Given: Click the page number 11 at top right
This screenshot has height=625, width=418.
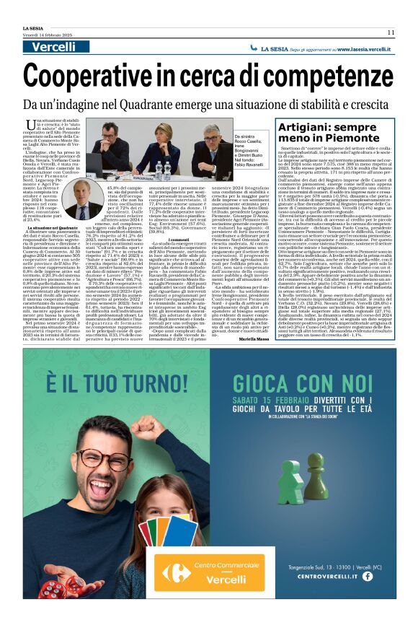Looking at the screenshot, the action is [x=390, y=32].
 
